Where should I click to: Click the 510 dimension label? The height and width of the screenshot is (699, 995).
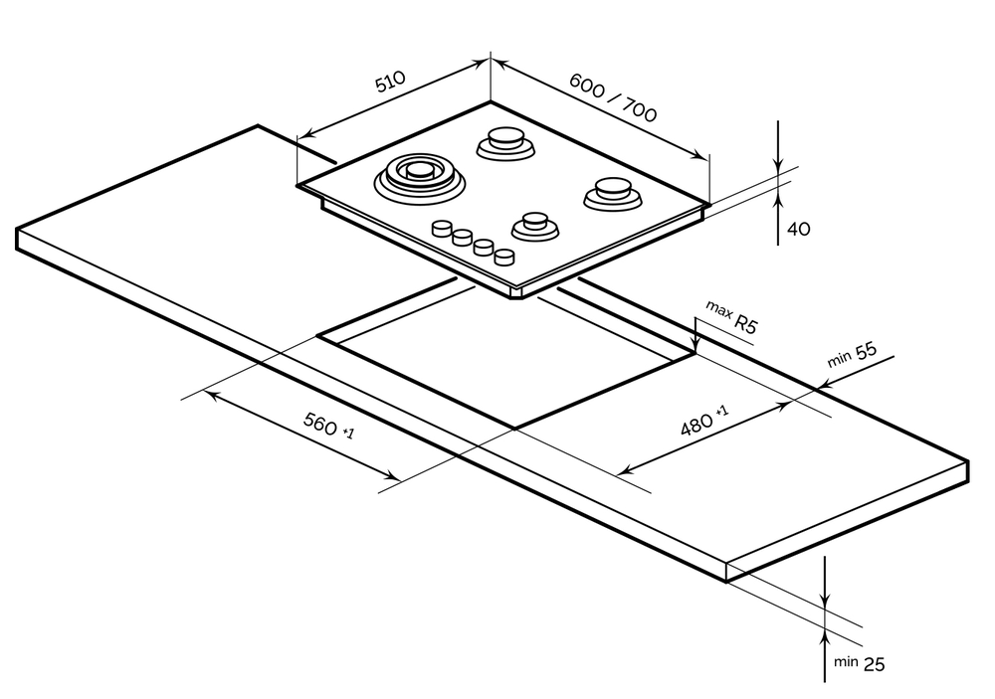tap(391, 81)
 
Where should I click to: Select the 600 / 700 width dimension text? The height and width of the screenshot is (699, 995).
tap(613, 97)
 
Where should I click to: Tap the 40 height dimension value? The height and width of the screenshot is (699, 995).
tap(798, 229)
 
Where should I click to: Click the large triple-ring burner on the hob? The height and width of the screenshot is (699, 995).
tap(418, 177)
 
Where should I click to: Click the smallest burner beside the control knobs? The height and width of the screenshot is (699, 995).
tap(534, 225)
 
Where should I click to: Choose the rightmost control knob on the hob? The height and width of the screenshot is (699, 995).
tap(505, 257)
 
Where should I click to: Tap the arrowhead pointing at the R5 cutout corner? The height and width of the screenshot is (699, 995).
tap(696, 344)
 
